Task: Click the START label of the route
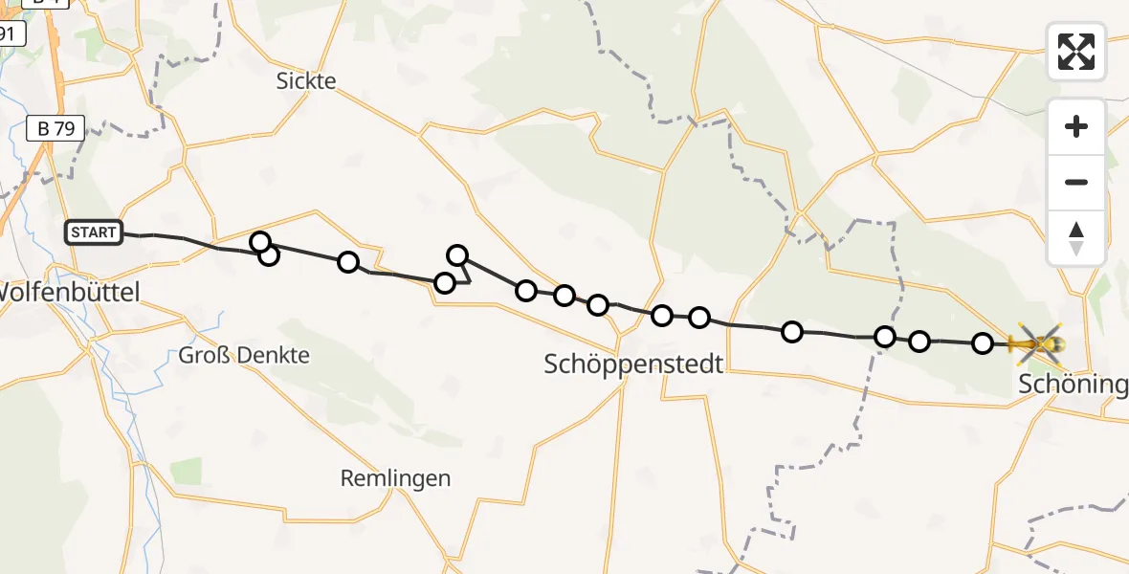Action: tap(94, 232)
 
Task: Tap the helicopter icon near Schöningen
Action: tap(1036, 342)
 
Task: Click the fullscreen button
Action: tap(1076, 52)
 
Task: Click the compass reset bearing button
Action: tap(1076, 237)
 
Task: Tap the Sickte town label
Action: tap(306, 81)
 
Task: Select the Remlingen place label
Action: tap(395, 478)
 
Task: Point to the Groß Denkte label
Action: tap(244, 356)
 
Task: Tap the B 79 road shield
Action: tap(56, 128)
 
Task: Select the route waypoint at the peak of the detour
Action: tap(458, 254)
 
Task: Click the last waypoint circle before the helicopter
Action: tap(983, 343)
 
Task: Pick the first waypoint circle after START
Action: tap(259, 242)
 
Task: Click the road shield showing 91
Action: tap(10, 34)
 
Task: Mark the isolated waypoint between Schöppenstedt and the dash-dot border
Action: tap(792, 332)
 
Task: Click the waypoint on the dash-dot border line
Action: tap(885, 337)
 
